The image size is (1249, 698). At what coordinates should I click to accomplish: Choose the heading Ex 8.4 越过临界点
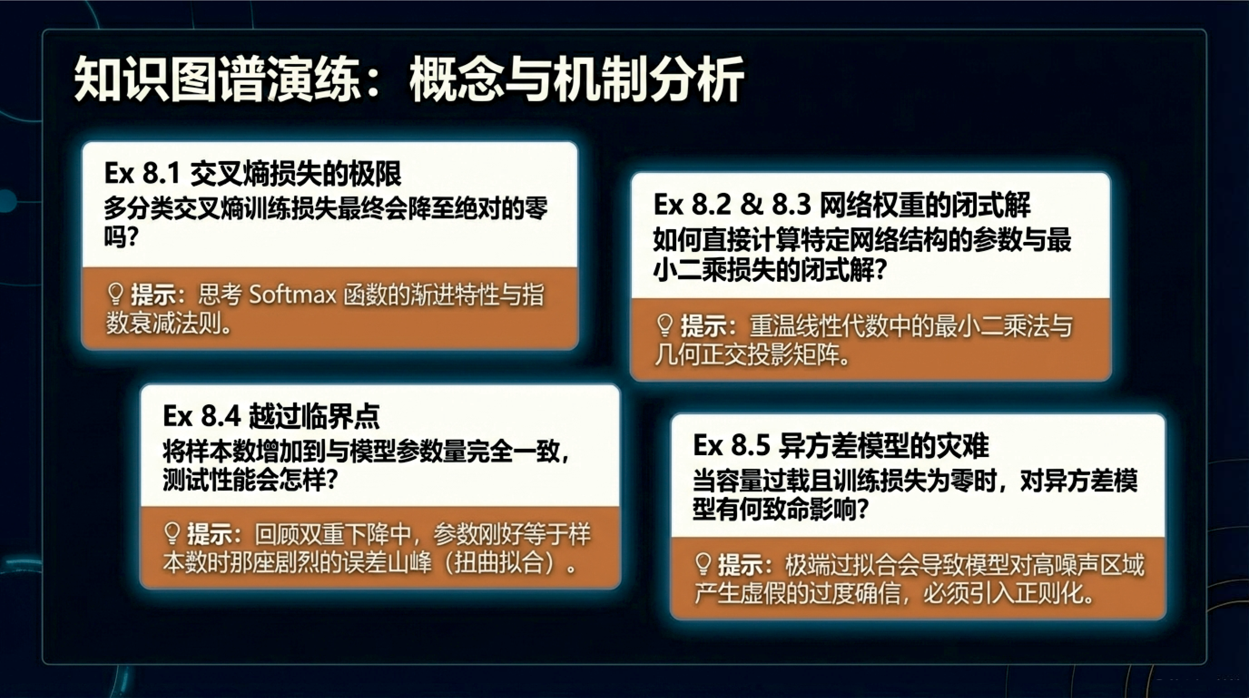click(x=271, y=416)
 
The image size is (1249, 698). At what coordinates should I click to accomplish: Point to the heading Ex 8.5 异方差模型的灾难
click(x=840, y=445)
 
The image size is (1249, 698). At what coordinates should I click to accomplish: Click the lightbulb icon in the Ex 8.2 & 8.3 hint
click(x=664, y=326)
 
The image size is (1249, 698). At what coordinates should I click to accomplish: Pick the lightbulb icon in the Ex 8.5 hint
click(x=703, y=564)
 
